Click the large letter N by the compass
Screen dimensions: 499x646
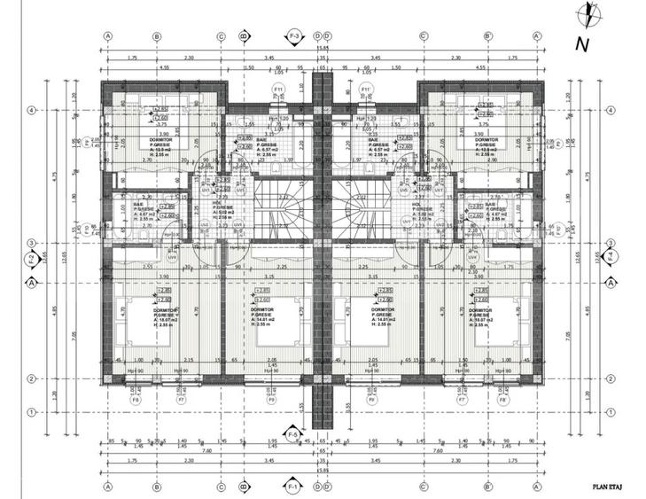tap(581, 43)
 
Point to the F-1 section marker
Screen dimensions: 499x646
tap(293, 487)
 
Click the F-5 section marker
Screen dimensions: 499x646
tap(293, 433)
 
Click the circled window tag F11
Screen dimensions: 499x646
tap(277, 90)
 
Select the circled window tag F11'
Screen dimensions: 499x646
tap(364, 90)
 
